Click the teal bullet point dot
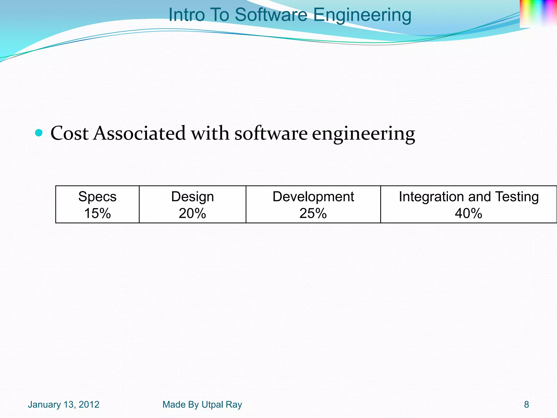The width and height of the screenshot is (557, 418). click(39, 133)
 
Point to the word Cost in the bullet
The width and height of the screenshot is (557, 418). click(70, 133)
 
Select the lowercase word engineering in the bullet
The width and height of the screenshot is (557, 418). click(363, 134)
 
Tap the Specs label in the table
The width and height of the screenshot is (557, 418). click(97, 196)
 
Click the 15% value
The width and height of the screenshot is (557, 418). click(97, 213)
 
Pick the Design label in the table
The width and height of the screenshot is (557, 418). click(192, 197)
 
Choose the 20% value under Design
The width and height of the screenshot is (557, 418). click(192, 213)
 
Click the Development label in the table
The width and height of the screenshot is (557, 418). click(313, 196)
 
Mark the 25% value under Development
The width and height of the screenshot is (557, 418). click(313, 213)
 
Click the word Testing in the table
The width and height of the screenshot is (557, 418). click(517, 197)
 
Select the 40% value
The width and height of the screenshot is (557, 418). click(468, 213)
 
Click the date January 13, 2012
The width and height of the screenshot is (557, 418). click(64, 405)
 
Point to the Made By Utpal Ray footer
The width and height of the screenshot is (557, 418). click(202, 405)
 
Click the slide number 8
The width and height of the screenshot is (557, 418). click(527, 405)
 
